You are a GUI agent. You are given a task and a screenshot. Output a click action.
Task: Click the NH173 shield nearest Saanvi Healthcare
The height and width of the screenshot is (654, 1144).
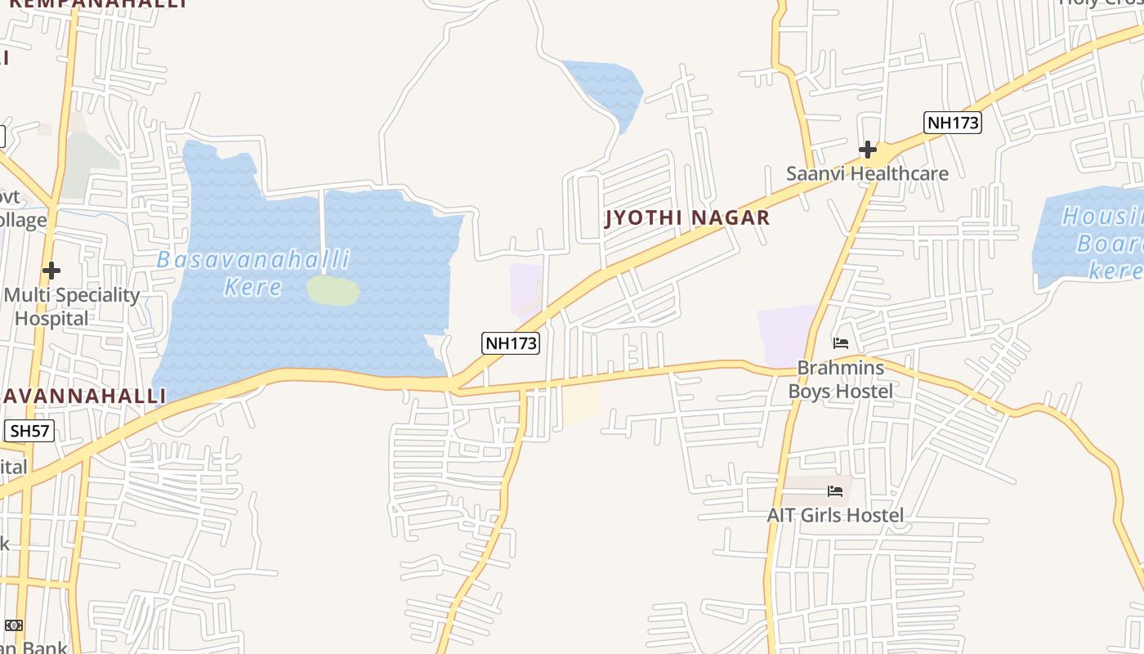coord(953,123)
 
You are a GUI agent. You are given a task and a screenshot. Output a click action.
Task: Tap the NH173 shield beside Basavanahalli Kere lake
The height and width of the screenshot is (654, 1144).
coord(512,343)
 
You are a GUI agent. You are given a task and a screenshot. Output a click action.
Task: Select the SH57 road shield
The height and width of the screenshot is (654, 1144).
coord(29,431)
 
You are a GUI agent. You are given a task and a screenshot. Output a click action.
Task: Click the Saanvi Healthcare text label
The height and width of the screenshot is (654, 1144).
coord(867,173)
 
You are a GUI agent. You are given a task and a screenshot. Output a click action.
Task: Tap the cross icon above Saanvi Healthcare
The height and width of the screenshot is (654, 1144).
coord(868,150)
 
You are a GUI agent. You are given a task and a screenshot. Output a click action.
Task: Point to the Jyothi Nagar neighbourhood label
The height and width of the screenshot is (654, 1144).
coord(687,217)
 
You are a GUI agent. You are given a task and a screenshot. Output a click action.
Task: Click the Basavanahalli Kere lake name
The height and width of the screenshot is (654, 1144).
coord(253,273)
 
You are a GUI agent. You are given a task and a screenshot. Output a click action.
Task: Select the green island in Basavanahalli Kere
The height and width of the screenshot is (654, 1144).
coord(333,290)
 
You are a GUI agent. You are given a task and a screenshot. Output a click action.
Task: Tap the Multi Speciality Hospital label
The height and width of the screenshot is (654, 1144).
coord(72,307)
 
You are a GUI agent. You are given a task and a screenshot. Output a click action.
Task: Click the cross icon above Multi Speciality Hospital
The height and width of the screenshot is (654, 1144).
coord(51,270)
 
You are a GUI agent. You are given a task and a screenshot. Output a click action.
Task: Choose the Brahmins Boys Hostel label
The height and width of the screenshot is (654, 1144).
coord(840,379)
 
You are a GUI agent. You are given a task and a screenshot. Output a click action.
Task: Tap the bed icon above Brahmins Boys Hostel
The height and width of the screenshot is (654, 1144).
coord(840,343)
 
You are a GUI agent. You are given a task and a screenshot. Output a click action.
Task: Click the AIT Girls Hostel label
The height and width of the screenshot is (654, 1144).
coord(835,515)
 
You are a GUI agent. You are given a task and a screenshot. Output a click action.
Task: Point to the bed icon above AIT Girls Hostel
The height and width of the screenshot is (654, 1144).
coord(835,490)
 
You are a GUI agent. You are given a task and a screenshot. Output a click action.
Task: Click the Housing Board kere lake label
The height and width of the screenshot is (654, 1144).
coord(1103,243)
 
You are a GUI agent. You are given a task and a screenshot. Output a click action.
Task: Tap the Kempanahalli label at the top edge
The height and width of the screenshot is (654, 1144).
coord(98,3)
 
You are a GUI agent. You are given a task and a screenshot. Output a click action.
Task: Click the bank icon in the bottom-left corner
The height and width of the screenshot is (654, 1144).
coord(14,625)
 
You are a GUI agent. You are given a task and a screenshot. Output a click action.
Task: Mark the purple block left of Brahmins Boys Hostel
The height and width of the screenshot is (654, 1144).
coord(786,335)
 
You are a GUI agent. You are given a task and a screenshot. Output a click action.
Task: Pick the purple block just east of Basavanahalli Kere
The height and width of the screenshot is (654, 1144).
coord(525,288)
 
